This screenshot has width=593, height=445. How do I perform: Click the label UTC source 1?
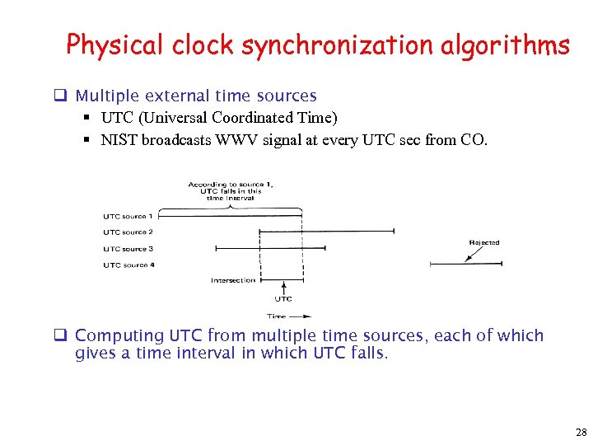(128, 216)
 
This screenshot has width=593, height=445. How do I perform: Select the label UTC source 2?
(128, 232)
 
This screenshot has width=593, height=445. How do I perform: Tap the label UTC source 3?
(128, 249)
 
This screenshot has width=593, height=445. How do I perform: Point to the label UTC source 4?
(128, 265)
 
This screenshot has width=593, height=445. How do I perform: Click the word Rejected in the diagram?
(483, 242)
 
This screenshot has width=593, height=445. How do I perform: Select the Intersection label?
(233, 280)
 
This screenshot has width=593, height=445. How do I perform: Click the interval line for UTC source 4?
(466, 264)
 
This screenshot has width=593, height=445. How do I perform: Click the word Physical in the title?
(116, 44)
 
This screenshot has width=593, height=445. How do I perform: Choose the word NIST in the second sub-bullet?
(119, 140)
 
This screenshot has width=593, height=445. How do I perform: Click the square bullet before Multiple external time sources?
(60, 96)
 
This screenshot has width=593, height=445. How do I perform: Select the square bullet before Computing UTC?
(60, 336)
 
